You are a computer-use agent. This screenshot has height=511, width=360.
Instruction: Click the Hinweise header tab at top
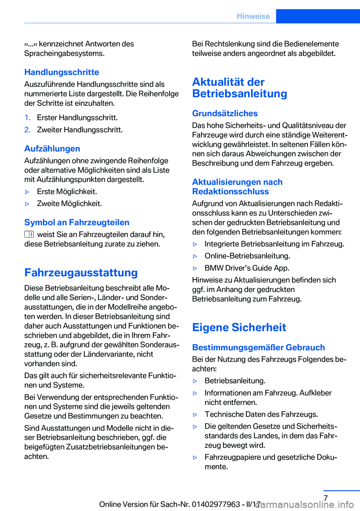pyautogui.click(x=253, y=16)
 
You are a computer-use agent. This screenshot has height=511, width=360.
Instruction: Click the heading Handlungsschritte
pyautogui.click(x=61, y=72)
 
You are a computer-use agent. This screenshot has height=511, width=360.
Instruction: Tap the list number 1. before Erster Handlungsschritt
pyautogui.click(x=27, y=118)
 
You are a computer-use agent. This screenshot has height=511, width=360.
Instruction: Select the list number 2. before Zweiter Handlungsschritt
pyautogui.click(x=27, y=130)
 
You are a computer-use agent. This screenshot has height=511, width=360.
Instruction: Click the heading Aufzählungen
pyautogui.click(x=52, y=149)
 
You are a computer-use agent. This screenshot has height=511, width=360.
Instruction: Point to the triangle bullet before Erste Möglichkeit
pyautogui.click(x=27, y=192)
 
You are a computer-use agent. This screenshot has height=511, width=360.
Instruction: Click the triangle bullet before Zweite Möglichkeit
pyautogui.click(x=27, y=204)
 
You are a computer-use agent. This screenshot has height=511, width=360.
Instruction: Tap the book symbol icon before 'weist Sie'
pyautogui.click(x=29, y=234)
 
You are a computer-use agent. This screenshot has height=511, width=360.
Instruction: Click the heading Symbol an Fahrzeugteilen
pyautogui.click(x=77, y=222)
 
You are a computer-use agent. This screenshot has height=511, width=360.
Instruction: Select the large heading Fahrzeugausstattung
pyautogui.click(x=81, y=272)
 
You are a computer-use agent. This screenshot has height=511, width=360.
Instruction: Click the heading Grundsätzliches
pyautogui.click(x=225, y=113)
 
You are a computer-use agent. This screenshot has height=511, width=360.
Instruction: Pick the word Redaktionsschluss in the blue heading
pyautogui.click(x=230, y=191)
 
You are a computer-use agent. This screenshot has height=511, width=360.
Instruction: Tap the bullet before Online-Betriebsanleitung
pyautogui.click(x=195, y=256)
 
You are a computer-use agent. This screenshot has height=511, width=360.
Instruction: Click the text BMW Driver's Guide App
pyautogui.click(x=247, y=268)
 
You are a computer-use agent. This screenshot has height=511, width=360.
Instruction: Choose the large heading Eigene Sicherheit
pyautogui.click(x=239, y=327)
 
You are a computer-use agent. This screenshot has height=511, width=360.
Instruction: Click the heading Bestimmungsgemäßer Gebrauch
pyautogui.click(x=258, y=347)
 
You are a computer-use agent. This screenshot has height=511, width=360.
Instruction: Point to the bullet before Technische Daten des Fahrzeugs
pyautogui.click(x=195, y=415)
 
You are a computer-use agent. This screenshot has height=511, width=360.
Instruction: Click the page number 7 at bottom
pyautogui.click(x=325, y=498)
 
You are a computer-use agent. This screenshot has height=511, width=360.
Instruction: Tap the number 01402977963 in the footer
pyautogui.click(x=216, y=504)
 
